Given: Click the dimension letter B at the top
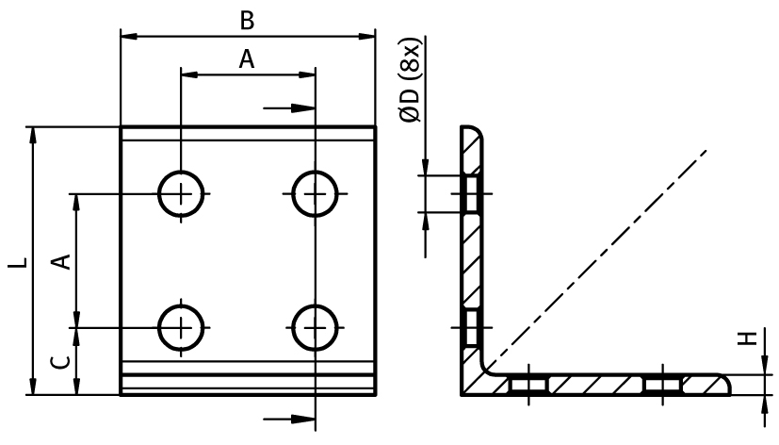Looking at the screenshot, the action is pyautogui.click(x=247, y=22).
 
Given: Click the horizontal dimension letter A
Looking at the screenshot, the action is pyautogui.click(x=247, y=59).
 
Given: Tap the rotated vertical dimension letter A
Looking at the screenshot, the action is pyautogui.click(x=62, y=261).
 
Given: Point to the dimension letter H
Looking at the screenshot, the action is pyautogui.click(x=747, y=338).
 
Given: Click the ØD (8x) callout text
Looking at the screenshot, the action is pyautogui.click(x=411, y=79).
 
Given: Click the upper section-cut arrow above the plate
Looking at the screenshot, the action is pyautogui.click(x=288, y=107).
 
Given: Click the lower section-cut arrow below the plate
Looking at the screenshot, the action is pyautogui.click(x=288, y=420).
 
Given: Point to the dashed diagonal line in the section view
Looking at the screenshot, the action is pyautogui.click(x=596, y=260).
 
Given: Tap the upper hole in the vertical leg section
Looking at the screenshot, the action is pyautogui.click(x=472, y=194).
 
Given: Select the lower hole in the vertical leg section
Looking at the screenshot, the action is pyautogui.click(x=472, y=328).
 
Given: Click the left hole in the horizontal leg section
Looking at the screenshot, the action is pyautogui.click(x=528, y=385).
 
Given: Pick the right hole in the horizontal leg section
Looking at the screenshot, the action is pyautogui.click(x=663, y=385).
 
